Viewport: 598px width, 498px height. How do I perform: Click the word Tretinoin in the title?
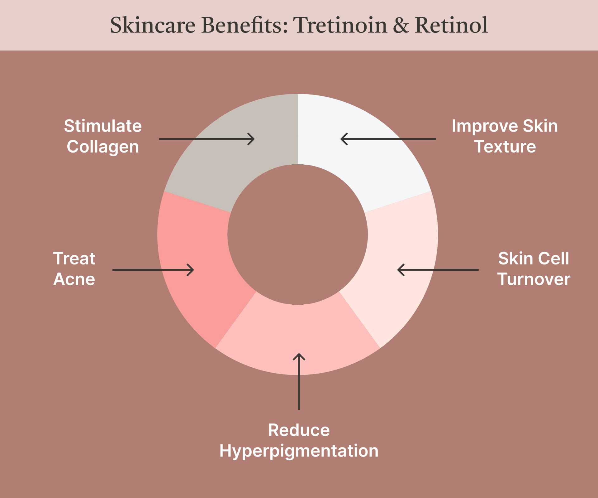(x=340, y=25)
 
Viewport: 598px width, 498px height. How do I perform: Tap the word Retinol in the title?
(x=451, y=25)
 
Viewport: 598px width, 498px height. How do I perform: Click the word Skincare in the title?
(x=153, y=25)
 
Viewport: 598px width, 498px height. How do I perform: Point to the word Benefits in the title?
(x=244, y=25)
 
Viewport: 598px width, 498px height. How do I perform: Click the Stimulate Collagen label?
(x=103, y=136)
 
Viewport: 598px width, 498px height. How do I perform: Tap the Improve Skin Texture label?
(x=505, y=136)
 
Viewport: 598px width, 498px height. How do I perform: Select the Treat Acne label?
(x=74, y=269)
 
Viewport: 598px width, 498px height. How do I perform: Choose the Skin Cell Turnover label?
(x=534, y=269)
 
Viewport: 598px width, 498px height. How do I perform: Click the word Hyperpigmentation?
(x=299, y=451)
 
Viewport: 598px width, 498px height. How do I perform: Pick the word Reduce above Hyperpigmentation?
(x=299, y=430)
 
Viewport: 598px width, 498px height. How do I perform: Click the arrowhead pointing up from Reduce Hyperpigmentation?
(x=299, y=356)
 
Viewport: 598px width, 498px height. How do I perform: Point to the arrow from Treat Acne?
(x=153, y=270)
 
